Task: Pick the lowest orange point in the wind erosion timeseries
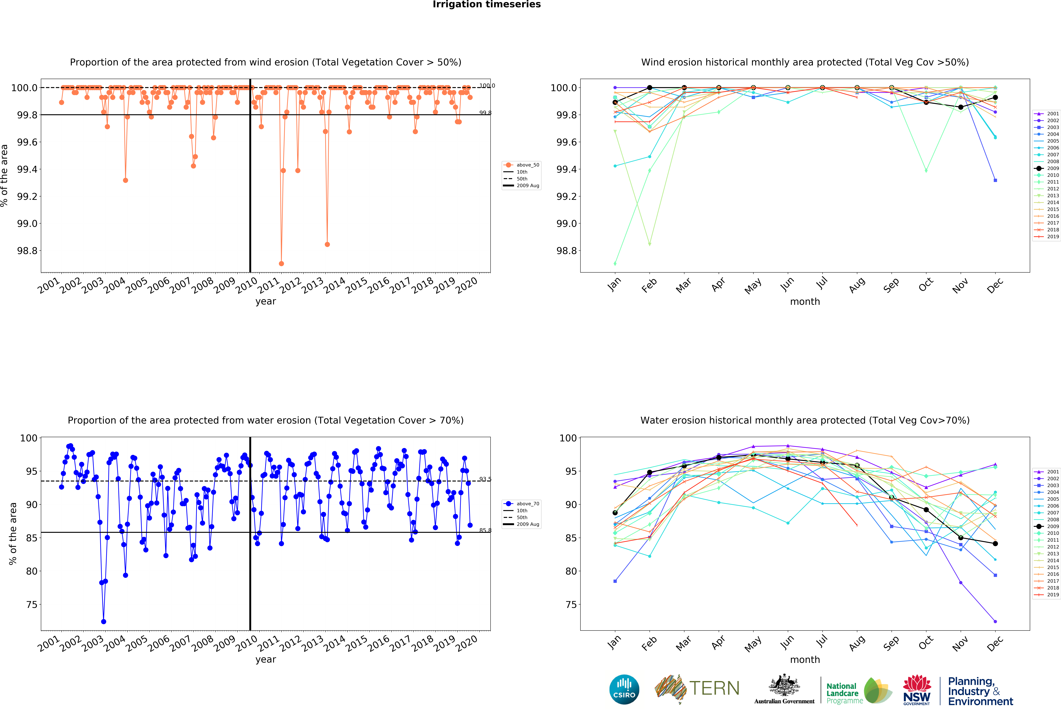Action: (x=281, y=263)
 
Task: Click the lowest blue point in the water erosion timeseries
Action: (x=104, y=622)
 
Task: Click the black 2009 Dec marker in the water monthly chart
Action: (x=995, y=543)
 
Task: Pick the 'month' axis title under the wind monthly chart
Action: (x=805, y=301)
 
